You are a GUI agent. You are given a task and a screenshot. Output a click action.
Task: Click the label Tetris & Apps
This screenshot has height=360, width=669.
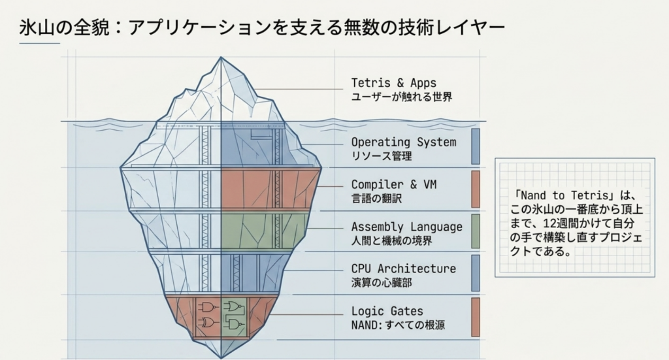394,83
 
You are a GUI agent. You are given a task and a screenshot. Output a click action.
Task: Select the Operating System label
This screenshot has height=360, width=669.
404,142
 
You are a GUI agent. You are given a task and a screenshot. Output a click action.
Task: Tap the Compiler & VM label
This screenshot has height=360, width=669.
394,184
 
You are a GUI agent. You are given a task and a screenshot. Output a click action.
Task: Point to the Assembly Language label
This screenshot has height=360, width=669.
406,227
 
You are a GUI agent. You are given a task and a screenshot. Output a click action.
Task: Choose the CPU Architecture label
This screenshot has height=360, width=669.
404,269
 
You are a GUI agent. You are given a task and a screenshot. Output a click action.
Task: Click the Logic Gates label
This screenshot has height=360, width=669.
387,311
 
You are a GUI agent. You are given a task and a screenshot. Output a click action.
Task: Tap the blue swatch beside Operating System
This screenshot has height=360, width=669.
476,146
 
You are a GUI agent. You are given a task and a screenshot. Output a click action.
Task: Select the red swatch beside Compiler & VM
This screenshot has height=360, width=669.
476,189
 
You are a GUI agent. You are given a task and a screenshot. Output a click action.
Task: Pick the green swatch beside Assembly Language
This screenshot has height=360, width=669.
476,231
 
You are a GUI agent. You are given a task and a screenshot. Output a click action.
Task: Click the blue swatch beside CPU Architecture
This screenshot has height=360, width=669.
476,273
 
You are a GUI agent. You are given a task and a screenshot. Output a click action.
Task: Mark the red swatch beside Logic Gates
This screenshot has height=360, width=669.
476,317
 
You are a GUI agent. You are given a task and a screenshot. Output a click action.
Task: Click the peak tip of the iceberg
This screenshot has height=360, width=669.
221,57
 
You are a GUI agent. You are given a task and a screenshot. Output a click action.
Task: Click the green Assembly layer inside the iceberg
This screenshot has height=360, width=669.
265,231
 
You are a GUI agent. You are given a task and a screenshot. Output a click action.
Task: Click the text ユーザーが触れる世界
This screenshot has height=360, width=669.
402,97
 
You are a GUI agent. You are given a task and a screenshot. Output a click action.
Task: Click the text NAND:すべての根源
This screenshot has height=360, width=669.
398,325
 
